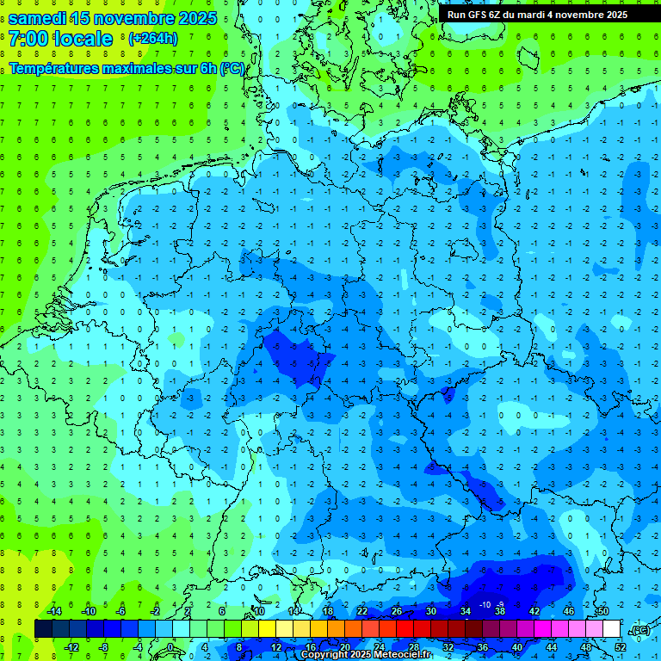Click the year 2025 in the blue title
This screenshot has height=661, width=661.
[195, 17]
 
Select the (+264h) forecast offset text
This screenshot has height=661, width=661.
[153, 39]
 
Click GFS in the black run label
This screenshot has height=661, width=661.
[479, 15]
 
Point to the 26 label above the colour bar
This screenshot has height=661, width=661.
[397, 611]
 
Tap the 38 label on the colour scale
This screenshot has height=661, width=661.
[500, 611]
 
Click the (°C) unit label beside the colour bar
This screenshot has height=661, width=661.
[639, 631]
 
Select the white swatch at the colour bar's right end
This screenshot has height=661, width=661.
[611, 629]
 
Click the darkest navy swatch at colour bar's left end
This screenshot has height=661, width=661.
[43, 629]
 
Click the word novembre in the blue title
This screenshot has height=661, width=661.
[127, 17]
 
